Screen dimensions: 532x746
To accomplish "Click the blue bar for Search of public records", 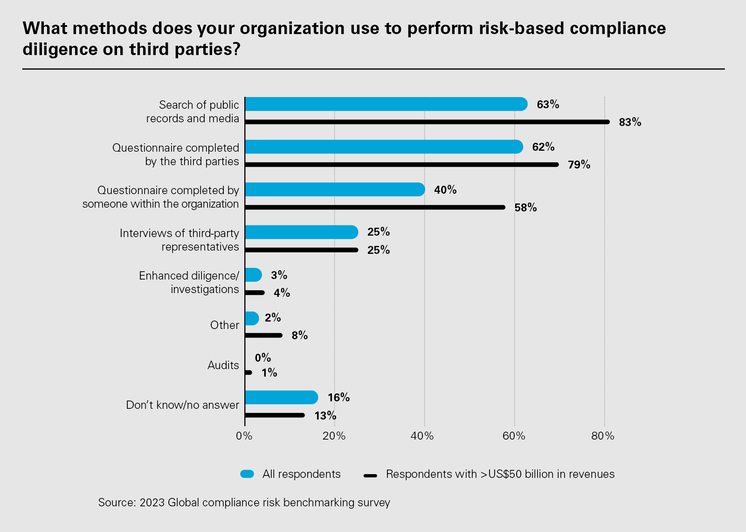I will point(386,104).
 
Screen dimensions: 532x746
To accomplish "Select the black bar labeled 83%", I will point(427,122).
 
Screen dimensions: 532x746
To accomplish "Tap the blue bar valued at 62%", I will point(383,147).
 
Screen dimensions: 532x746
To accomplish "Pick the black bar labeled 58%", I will point(374,207).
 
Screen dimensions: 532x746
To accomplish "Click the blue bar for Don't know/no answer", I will point(281,398).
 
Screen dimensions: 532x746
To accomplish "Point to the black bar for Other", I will point(263,335).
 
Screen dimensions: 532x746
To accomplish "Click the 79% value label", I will point(579,165).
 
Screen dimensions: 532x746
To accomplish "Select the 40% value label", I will point(445,190).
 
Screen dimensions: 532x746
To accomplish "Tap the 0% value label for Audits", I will point(262,358).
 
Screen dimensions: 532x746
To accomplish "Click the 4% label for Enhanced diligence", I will point(282,293).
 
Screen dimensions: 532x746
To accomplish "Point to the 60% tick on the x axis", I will point(514,436).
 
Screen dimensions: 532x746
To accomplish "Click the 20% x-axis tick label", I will point(334,436).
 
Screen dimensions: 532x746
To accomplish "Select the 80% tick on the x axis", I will point(603,436).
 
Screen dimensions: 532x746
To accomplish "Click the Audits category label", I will point(223,365).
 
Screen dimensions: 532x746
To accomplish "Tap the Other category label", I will point(224,325).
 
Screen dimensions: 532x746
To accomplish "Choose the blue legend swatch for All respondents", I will point(247,474).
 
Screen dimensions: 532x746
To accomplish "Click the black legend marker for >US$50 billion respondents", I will point(370,476).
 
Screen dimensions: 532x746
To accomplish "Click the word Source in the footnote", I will point(116,503).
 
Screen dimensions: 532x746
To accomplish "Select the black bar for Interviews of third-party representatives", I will point(301,250).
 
